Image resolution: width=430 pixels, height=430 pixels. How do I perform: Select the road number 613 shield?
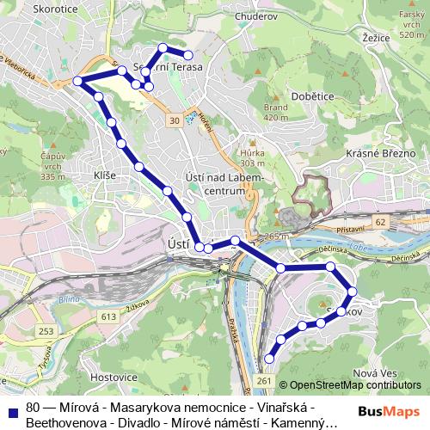click(x=107, y=316)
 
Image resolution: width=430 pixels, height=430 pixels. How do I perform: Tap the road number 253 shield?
click(x=46, y=332)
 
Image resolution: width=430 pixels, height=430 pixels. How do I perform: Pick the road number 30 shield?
click(x=175, y=121)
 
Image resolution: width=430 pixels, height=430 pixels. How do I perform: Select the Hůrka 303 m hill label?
click(x=252, y=156)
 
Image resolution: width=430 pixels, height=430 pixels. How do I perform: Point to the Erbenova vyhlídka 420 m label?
click(x=275, y=111)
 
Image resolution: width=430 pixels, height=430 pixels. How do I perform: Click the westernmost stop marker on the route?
click(x=77, y=81)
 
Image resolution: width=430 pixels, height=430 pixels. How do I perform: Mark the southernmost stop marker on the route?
click(x=270, y=358)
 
